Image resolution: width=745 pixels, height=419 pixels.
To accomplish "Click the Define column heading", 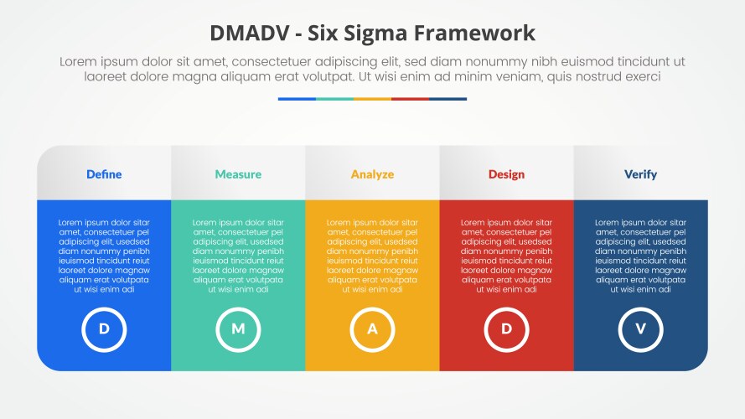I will (104, 174).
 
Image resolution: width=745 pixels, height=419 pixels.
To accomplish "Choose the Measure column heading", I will (238, 174).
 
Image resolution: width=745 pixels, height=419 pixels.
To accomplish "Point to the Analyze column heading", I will (372, 174).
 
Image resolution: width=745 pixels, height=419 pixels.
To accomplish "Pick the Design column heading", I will (506, 174).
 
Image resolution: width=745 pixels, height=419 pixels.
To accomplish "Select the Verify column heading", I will (640, 174).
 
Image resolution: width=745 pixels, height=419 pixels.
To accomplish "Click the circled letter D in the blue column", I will (104, 328).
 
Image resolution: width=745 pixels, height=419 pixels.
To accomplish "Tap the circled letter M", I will (238, 328).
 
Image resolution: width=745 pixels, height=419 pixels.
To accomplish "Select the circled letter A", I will (372, 328).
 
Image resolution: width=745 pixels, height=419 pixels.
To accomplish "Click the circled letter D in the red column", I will (506, 328).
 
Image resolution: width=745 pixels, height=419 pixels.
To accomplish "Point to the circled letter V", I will (640, 328).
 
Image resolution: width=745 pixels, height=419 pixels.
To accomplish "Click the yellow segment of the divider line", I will (372, 99).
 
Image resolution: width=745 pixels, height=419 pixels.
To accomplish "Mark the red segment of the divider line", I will (410, 99).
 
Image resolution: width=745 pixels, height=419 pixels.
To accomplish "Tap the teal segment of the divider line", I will (334, 99).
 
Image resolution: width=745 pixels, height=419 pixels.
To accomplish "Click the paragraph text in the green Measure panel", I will (238, 256).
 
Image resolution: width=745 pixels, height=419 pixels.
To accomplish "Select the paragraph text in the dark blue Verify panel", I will (640, 256).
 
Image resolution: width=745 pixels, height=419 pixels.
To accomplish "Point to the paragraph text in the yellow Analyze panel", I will (372, 256).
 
